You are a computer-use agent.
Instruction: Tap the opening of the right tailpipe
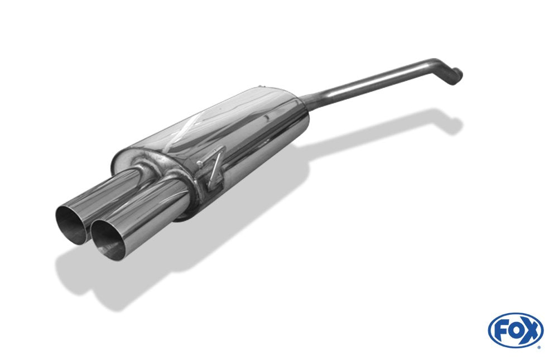pos(108,238)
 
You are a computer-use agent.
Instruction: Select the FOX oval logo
pos(515,330)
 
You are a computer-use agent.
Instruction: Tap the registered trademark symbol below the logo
pos(538,347)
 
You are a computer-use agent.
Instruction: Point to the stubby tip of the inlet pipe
pos(455,75)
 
